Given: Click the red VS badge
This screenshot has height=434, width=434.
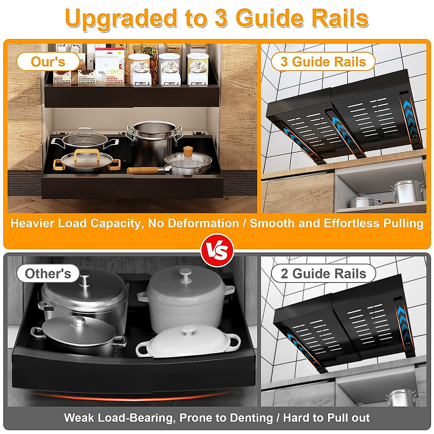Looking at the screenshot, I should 217,250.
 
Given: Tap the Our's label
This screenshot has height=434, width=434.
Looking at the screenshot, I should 48,61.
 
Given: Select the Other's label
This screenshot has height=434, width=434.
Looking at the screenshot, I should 48,273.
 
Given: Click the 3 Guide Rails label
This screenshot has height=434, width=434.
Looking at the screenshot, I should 323,61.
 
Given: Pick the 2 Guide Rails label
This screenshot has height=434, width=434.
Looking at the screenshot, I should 323,273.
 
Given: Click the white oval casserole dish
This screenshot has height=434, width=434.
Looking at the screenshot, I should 188,342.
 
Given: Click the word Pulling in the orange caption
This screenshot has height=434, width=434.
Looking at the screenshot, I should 402,223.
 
